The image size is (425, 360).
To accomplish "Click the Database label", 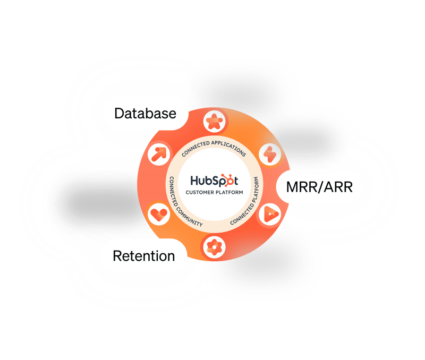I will pyautogui.click(x=145, y=113).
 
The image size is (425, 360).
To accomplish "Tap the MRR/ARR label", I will pyautogui.click(x=319, y=187).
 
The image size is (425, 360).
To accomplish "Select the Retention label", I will pyautogui.click(x=143, y=256).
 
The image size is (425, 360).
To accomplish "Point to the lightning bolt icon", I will pyautogui.click(x=267, y=155).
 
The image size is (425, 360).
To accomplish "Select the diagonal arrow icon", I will pyautogui.click(x=158, y=155).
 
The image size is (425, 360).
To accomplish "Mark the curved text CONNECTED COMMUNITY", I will pyautogui.click(x=180, y=204).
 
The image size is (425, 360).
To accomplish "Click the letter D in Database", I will pyautogui.click(x=119, y=113).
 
